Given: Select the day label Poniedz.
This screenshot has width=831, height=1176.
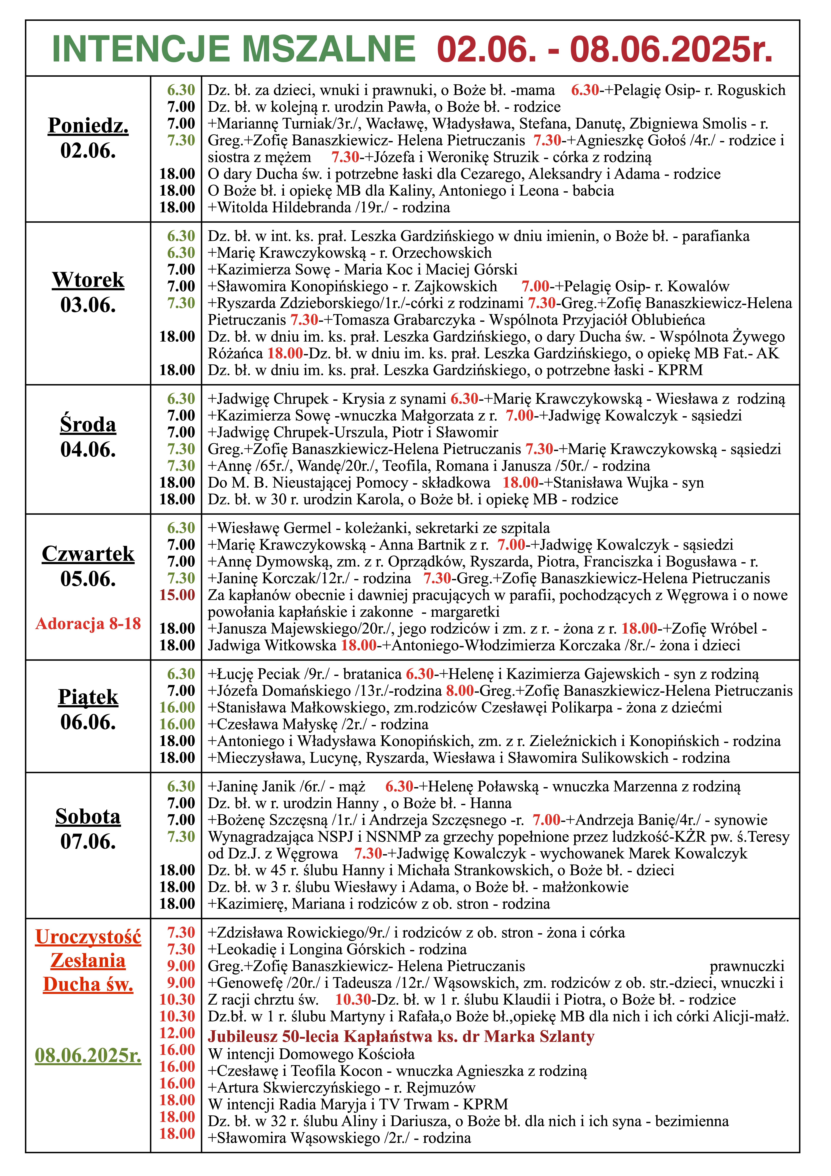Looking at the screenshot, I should tap(88, 125).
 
